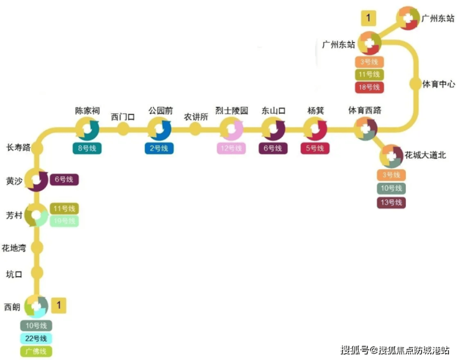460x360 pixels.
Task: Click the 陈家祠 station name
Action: click(x=87, y=111)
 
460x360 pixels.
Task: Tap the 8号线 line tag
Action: click(x=88, y=148)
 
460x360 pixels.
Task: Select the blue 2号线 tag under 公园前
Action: click(x=160, y=148)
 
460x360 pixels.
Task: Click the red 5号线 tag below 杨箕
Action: click(x=315, y=148)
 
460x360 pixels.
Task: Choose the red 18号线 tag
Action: click(x=369, y=88)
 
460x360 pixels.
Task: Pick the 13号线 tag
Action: click(x=391, y=202)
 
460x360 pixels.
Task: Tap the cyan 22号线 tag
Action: click(x=36, y=338)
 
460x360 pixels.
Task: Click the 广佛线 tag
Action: click(x=36, y=351)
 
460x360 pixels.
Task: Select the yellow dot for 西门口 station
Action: click(x=123, y=129)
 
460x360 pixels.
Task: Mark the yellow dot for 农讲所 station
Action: click(x=195, y=129)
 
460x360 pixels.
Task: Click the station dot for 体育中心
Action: click(x=415, y=83)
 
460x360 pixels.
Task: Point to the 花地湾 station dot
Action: click(x=37, y=247)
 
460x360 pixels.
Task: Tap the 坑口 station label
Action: click(x=14, y=274)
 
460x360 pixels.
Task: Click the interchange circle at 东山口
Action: click(x=272, y=129)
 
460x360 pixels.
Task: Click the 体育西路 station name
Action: click(x=364, y=111)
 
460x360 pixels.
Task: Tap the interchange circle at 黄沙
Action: click(x=37, y=180)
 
